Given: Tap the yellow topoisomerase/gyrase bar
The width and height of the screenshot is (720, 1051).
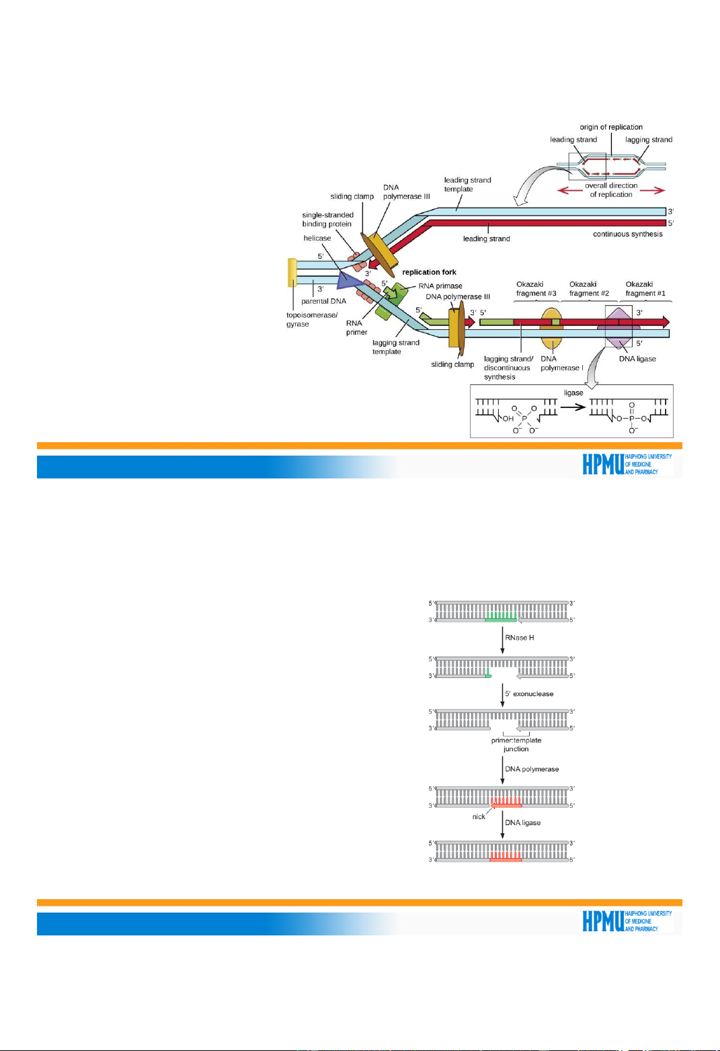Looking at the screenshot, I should pos(292,273).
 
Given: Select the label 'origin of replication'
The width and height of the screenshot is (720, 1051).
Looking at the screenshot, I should pos(611,127).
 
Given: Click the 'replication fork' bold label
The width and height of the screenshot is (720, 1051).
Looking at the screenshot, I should pos(429,272).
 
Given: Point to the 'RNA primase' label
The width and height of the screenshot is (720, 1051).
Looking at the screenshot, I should pos(440,286).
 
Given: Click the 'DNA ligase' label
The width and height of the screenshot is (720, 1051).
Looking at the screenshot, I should pos(637,359).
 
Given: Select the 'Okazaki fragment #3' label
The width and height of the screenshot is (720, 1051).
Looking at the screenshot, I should pos(536,289).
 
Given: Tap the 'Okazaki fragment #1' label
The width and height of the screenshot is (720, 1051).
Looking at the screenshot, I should pos(645,289).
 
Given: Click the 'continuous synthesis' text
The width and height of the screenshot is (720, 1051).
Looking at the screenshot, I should pos(627,234).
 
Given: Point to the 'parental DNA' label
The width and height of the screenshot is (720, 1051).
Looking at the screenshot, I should pos(323,301).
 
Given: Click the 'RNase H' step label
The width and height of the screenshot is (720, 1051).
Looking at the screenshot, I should pos(520,638).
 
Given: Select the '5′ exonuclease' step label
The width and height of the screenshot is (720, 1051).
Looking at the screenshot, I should pos(529,693).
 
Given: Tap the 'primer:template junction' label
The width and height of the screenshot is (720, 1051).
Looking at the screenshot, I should pos(516,745).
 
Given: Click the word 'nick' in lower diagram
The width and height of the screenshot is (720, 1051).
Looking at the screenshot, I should pos(479,816).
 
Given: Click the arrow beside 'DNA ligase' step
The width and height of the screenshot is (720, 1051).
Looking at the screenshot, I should pos(502,825).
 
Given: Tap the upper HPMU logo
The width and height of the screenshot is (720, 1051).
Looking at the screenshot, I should pos(627,464).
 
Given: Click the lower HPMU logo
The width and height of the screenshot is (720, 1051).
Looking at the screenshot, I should pos(627,921).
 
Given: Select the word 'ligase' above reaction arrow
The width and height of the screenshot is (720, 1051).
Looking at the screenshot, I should pos(573,393).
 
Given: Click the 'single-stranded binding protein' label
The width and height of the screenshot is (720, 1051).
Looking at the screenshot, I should pos(327,220).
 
